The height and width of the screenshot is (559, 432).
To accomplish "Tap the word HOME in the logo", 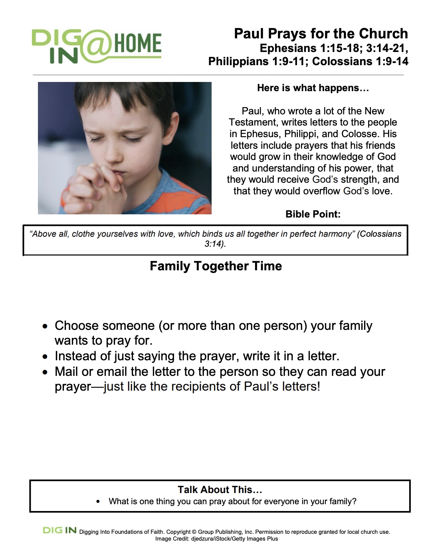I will click(x=138, y=44).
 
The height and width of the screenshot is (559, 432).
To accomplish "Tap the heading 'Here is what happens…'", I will click(x=313, y=88).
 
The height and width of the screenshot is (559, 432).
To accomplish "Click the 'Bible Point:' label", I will click(x=313, y=214).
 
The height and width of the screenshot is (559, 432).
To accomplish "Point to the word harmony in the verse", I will click(x=335, y=234).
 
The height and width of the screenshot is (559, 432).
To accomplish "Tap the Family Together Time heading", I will click(x=216, y=266).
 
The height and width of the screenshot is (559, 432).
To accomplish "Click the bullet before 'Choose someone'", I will click(x=46, y=326).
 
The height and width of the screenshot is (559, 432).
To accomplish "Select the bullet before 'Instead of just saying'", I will click(x=46, y=357).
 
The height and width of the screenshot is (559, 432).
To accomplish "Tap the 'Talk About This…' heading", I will click(x=220, y=490).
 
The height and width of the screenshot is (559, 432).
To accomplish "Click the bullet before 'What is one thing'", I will click(x=98, y=502).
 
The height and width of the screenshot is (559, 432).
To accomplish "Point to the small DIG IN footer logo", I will click(x=59, y=531).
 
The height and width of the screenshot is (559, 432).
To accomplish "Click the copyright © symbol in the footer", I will click(x=194, y=532).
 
